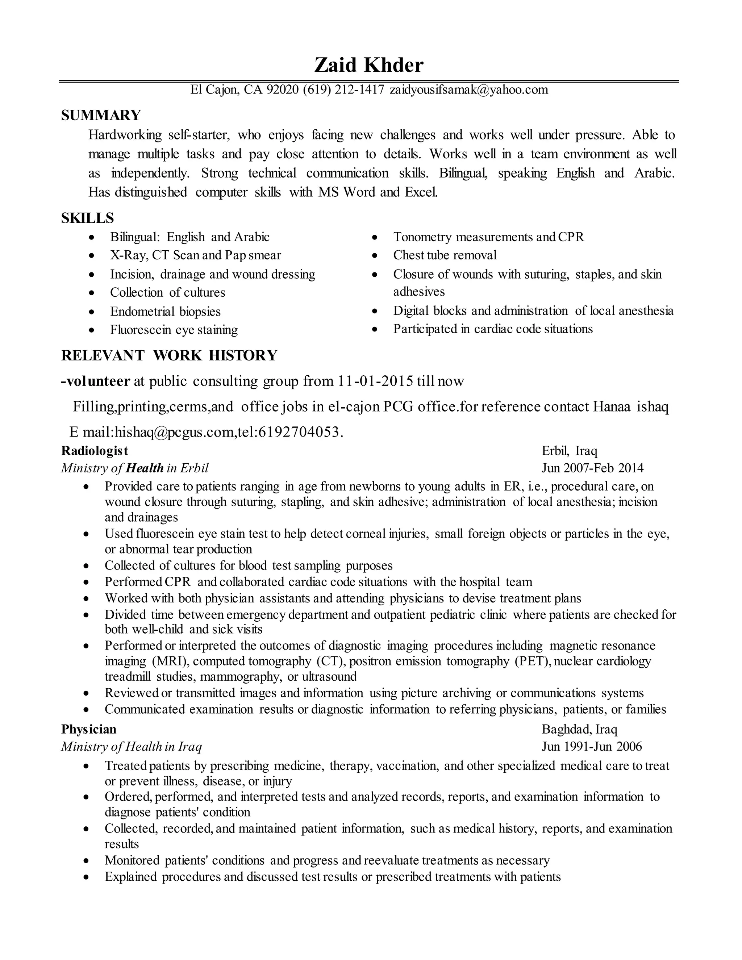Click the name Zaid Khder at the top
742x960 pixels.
pos(368,66)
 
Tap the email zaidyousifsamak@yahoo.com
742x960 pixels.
pos(468,90)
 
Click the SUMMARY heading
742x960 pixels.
pos(101,116)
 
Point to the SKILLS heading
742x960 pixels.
pos(87,218)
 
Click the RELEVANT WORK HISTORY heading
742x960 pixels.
pos(169,355)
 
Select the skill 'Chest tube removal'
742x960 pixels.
pos(445,255)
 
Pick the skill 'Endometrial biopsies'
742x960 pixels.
pos(165,312)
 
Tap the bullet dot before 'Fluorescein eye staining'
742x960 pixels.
pos(91,330)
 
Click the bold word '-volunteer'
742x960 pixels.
pos(96,381)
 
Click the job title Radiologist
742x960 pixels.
pos(95,451)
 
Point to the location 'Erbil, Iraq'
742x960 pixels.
pos(569,451)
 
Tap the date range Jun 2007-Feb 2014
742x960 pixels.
pos(592,468)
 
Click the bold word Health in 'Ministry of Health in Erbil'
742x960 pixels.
pos(144,468)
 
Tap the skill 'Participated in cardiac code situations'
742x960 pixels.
pos(493,329)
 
